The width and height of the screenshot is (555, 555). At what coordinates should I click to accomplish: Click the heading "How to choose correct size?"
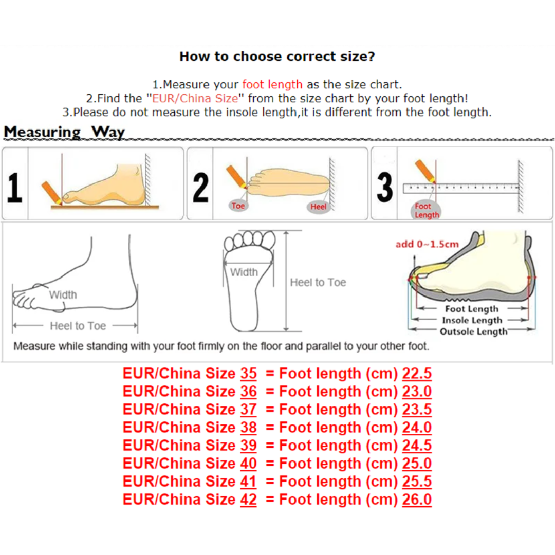click(277, 57)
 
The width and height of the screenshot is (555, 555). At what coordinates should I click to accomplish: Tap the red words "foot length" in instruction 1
click(272, 85)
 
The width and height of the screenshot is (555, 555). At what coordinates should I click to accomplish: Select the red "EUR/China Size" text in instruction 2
click(195, 98)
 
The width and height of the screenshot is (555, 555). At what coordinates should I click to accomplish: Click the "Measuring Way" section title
click(64, 132)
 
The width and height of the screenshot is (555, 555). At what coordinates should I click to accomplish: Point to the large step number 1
click(14, 188)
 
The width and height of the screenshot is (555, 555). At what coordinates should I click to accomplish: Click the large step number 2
click(200, 188)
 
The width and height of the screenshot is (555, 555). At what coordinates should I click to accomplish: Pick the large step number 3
click(385, 188)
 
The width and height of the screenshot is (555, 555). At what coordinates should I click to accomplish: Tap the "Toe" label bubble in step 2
click(238, 206)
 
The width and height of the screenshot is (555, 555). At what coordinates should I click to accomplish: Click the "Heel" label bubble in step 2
click(318, 207)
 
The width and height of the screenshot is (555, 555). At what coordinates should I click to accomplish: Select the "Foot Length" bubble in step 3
click(426, 211)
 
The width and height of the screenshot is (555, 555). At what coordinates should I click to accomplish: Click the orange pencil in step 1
click(52, 193)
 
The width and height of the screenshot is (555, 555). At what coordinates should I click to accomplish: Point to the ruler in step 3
click(460, 188)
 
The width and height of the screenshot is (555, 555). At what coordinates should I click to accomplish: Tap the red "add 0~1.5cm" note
click(427, 244)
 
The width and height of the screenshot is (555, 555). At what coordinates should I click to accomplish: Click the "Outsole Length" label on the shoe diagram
click(473, 331)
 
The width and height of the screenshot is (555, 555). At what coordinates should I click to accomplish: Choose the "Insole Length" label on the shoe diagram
click(472, 320)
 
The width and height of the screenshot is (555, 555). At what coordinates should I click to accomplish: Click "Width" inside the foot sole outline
click(244, 272)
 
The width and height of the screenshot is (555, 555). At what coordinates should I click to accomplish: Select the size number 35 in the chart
click(249, 374)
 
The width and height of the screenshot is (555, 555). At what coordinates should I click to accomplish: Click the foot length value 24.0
click(417, 428)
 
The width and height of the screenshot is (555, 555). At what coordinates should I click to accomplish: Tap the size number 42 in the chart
click(249, 499)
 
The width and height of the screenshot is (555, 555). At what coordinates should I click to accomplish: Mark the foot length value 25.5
click(417, 482)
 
